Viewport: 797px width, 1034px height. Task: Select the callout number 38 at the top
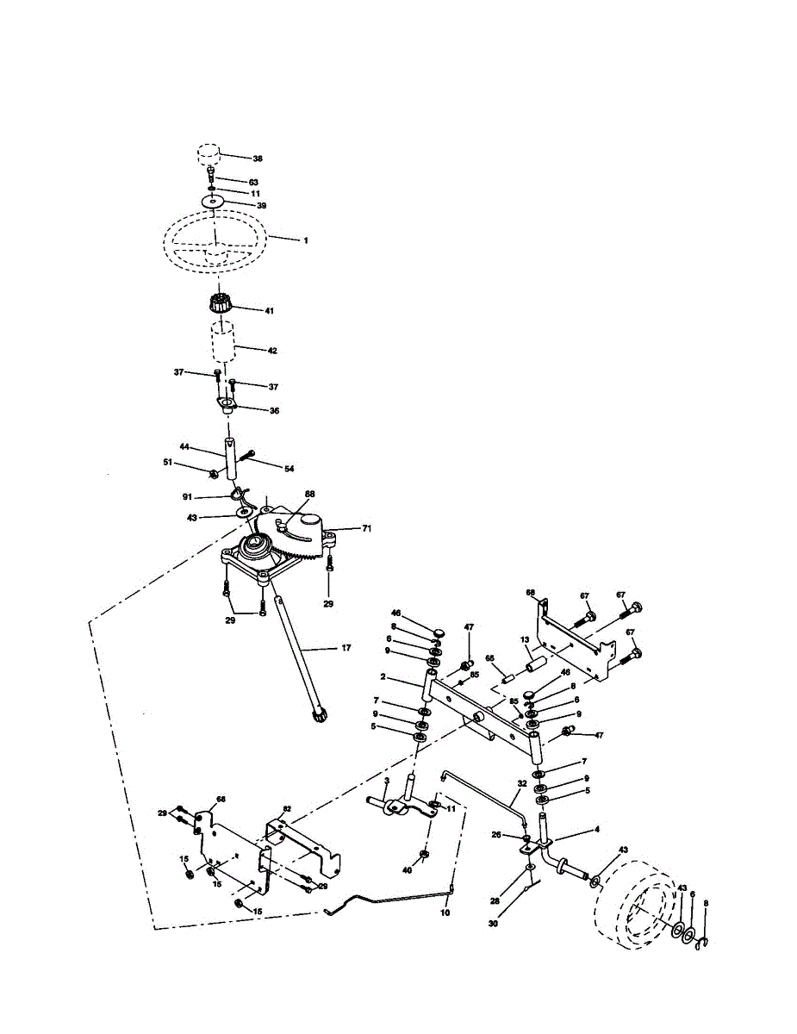point(257,159)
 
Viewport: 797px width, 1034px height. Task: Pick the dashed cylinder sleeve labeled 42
point(224,344)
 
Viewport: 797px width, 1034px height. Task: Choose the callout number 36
point(274,411)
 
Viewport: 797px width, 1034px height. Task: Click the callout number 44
point(184,447)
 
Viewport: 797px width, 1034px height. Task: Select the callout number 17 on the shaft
point(346,648)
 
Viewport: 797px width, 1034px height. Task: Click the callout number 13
point(523,640)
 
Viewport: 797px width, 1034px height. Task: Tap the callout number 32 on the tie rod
point(521,785)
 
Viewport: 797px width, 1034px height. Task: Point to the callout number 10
point(445,912)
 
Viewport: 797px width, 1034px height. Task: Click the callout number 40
point(408,870)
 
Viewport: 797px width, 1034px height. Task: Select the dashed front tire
point(636,909)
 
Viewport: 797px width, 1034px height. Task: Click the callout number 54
point(289,468)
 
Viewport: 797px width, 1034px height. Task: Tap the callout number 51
point(168,463)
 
